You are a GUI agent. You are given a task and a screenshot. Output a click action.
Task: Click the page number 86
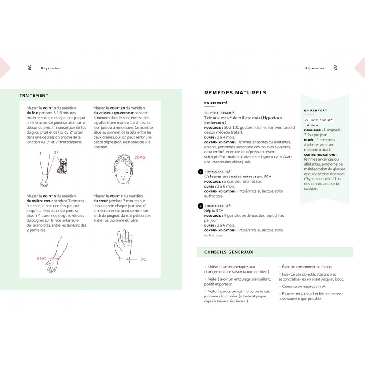[30, 68]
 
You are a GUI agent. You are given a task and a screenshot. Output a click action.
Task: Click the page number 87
[335, 68]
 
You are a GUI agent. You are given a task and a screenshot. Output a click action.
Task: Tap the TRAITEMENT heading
[34, 95]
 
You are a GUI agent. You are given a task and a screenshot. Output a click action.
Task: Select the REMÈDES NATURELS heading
[235, 93]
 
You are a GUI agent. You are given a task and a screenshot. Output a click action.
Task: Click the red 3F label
[56, 153]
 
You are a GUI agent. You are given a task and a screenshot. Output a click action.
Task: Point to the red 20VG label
[140, 157]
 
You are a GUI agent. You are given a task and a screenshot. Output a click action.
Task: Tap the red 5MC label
[42, 259]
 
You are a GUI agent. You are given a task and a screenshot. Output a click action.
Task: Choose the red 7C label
[143, 259]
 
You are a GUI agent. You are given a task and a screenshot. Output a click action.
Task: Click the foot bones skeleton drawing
[62, 166]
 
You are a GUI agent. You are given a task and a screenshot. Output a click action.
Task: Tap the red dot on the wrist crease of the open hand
[128, 259]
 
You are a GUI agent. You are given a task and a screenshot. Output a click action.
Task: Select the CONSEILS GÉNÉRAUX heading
[229, 252]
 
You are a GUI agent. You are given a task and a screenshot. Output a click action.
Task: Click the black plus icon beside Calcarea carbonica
[201, 172]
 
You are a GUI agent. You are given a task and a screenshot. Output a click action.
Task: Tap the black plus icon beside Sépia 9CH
[201, 206]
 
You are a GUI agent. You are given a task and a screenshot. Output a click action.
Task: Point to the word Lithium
[312, 125]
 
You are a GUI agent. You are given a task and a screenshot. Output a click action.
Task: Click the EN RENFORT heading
[315, 110]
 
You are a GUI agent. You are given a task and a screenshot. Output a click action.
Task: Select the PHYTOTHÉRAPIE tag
[219, 113]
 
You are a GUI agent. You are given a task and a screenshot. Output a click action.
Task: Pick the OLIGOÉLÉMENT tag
[318, 120]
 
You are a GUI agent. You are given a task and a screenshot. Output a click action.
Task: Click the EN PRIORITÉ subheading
[216, 103]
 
